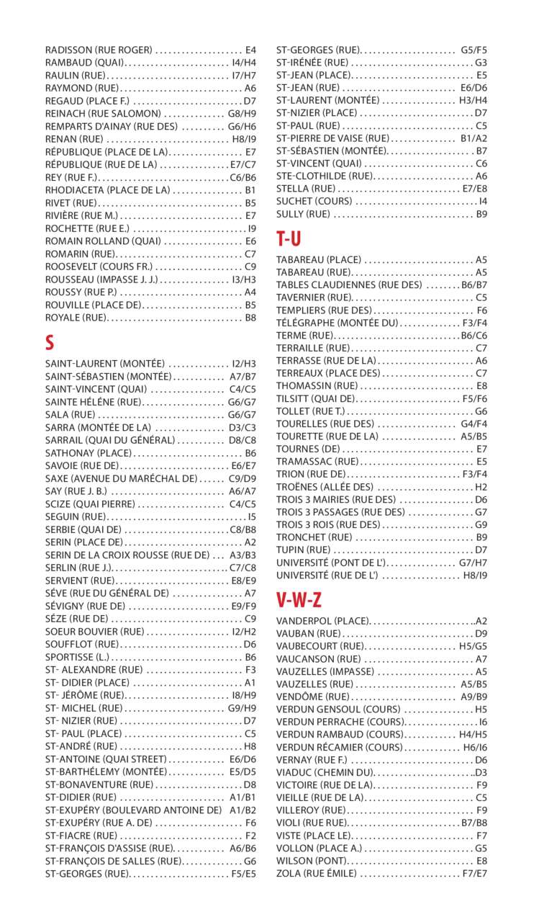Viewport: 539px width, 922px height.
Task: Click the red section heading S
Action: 50,343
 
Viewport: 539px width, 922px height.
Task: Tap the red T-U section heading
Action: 289,238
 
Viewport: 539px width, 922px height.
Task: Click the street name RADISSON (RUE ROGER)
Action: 99,50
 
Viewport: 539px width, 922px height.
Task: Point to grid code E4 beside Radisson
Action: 250,50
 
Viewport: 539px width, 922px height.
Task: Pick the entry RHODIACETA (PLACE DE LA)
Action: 107,190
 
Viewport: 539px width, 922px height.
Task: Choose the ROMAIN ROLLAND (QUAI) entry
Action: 103,241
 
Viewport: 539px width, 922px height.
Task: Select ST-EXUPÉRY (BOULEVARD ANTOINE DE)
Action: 133,810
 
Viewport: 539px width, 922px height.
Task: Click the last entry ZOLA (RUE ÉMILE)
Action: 316,874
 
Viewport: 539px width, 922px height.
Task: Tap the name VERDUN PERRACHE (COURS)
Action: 330,722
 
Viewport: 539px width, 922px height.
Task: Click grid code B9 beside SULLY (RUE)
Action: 481,214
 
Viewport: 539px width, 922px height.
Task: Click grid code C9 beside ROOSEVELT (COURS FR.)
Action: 250,267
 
